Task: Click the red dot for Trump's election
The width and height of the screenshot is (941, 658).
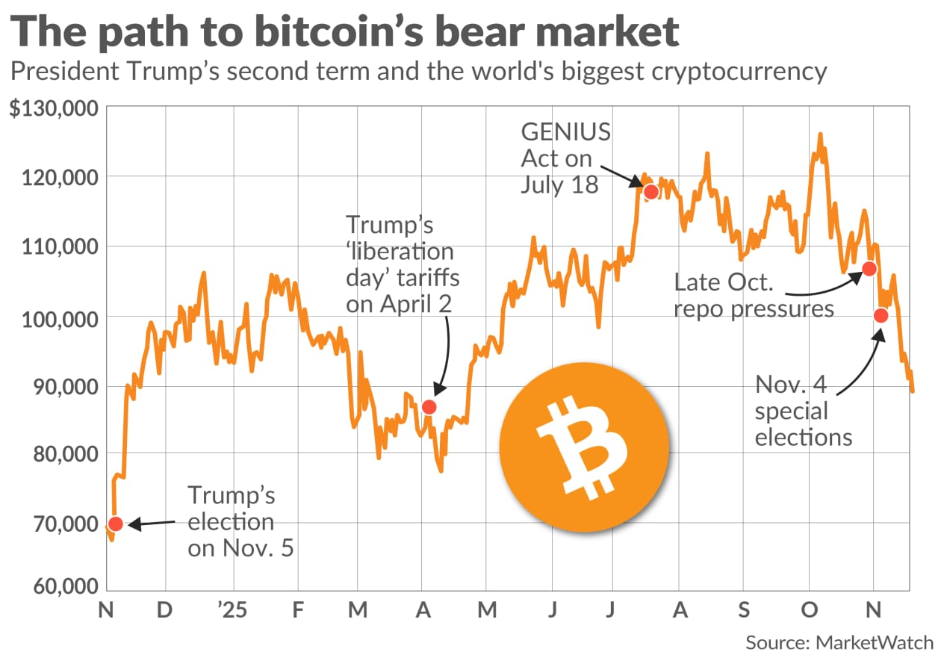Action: (x=115, y=524)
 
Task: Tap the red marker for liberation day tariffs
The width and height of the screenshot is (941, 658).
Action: (x=429, y=407)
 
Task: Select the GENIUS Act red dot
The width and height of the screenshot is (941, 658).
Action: (x=650, y=191)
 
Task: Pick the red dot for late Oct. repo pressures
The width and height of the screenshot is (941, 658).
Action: (x=869, y=268)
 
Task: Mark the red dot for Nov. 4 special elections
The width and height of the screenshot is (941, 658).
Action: (x=881, y=315)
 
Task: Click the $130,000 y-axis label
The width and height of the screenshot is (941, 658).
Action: (x=54, y=109)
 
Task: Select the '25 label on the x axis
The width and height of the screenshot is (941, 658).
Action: (x=232, y=611)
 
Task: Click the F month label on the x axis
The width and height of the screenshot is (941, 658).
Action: (x=298, y=611)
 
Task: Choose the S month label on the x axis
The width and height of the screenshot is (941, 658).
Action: (x=744, y=611)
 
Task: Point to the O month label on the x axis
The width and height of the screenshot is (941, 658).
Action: (x=809, y=611)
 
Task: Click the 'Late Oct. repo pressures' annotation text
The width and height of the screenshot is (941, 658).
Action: (x=754, y=295)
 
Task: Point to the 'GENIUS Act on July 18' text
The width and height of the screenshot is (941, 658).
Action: (x=565, y=158)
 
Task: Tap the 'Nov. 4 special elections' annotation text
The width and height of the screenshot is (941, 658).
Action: (x=803, y=410)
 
